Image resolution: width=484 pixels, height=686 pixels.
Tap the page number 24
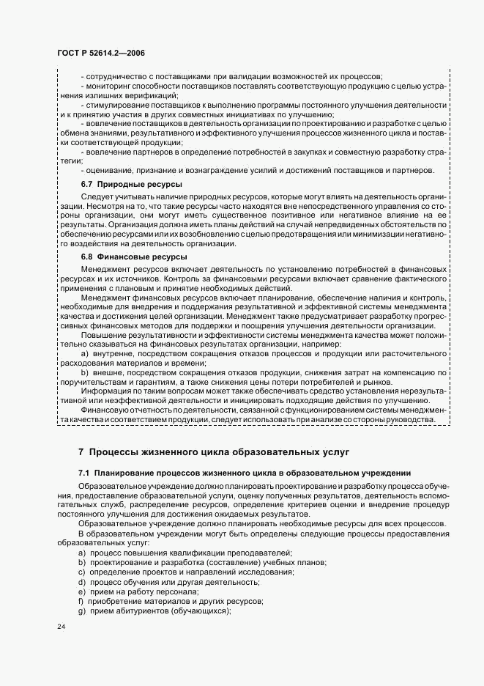[x=61, y=628]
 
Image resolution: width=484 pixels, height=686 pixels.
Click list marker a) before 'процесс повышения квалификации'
[x=82, y=552]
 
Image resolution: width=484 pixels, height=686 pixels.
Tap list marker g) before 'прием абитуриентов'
[x=82, y=611]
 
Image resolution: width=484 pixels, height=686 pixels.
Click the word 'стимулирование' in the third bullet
[x=116, y=106]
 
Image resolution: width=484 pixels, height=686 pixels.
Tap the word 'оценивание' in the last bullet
[x=109, y=170]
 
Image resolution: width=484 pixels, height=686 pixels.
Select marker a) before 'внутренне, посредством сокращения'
[x=85, y=353]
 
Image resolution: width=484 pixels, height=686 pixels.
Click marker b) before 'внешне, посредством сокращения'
[x=85, y=372]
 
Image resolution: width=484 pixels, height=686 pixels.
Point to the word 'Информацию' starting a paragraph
[x=104, y=391]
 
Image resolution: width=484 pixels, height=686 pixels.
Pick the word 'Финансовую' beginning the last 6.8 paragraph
[x=104, y=410]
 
